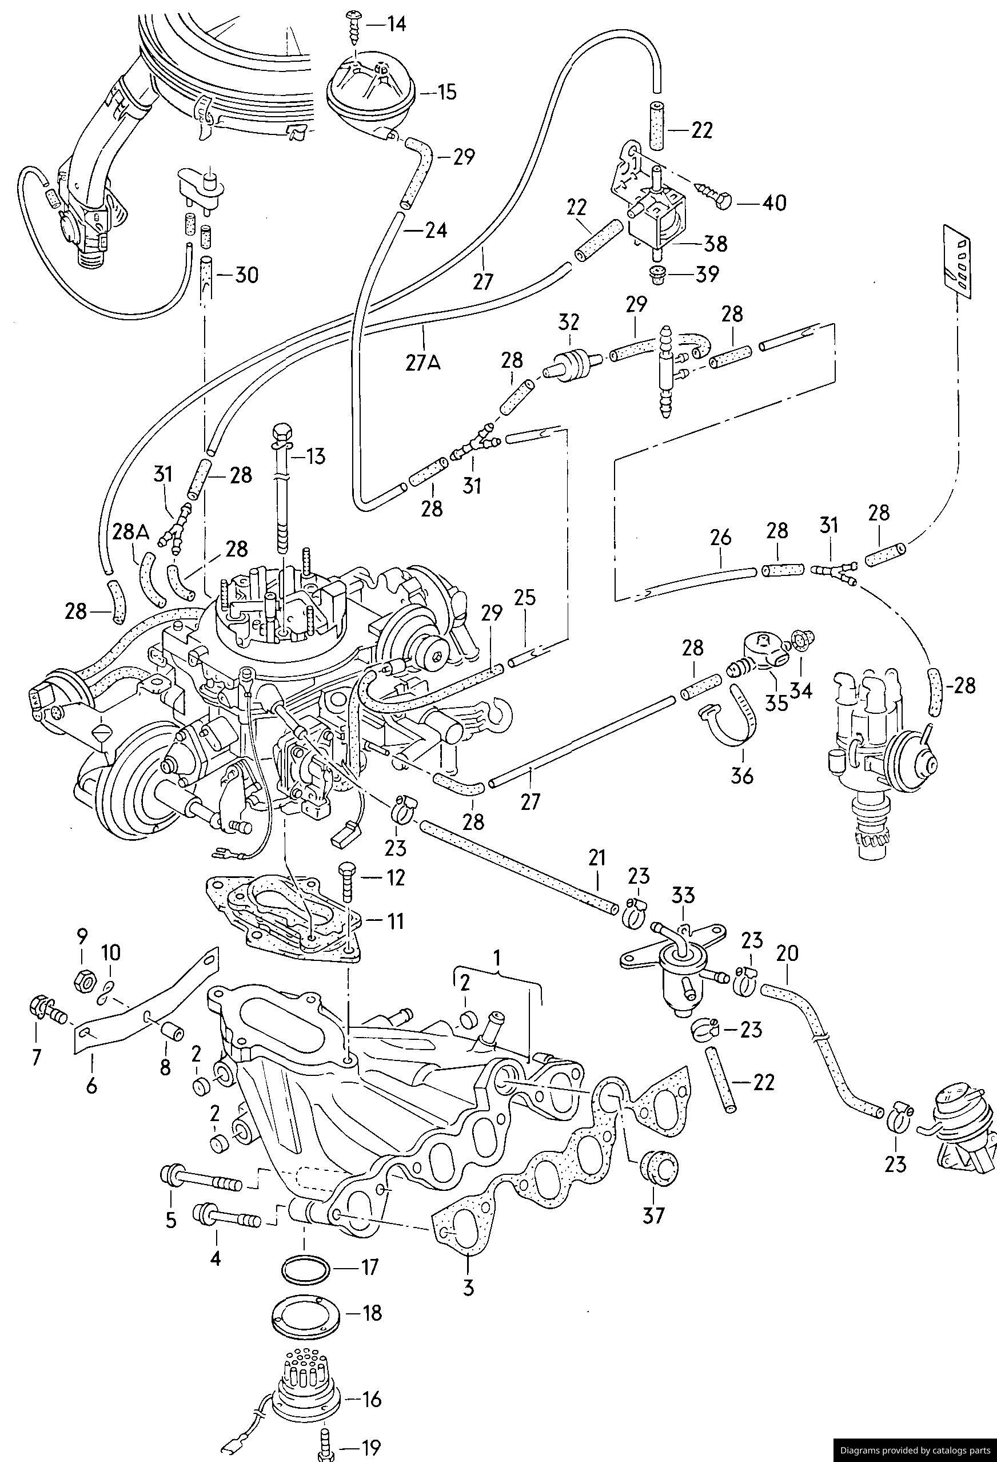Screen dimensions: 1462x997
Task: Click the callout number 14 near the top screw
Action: pos(396,25)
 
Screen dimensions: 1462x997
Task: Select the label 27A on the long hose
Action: pos(422,364)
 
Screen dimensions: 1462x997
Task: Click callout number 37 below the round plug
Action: pos(653,1215)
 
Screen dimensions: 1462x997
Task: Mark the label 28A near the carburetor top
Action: pos(131,533)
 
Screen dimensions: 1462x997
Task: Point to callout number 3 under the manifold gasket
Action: pos(468,1288)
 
